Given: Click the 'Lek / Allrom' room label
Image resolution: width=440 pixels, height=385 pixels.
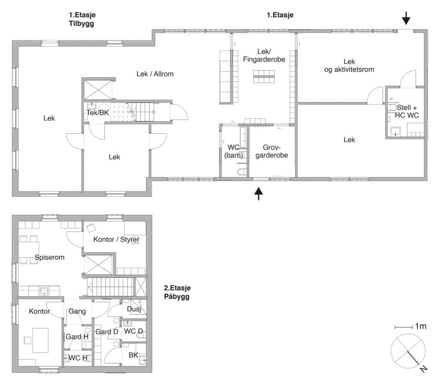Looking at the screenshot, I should [x=155, y=74].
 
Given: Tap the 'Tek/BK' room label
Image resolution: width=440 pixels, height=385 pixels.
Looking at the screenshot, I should [x=97, y=112].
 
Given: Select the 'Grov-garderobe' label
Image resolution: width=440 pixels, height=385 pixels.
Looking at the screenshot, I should [x=272, y=152].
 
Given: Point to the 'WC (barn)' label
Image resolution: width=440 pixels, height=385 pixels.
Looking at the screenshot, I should [x=233, y=152].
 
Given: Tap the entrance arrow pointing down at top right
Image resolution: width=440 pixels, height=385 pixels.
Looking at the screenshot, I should [x=406, y=18].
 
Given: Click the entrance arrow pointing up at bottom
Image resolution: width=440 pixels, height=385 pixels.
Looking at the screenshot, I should [x=258, y=194].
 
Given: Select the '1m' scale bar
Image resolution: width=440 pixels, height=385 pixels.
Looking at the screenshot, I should [x=410, y=327].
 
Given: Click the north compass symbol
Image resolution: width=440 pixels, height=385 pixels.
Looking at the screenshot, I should [x=408, y=351].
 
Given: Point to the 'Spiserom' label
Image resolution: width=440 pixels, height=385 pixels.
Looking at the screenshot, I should [x=49, y=258].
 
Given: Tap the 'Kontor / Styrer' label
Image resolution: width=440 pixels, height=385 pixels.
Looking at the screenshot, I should [x=113, y=239].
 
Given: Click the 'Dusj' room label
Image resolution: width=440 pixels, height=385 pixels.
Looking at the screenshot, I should [x=134, y=309].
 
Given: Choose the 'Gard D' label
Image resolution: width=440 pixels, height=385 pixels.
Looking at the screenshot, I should [x=107, y=332].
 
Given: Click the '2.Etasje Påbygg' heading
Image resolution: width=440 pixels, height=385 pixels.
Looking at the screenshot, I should [x=177, y=292].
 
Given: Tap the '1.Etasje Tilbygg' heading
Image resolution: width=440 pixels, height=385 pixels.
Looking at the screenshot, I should [x=81, y=20].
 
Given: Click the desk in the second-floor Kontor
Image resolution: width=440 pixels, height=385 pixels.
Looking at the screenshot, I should [x=40, y=340].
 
